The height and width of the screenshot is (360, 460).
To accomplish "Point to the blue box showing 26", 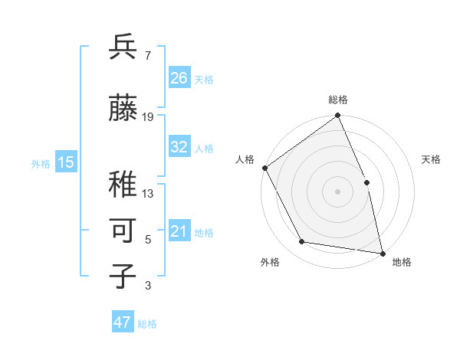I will coord(179,78).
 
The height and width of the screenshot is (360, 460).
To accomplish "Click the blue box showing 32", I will coord(179,148).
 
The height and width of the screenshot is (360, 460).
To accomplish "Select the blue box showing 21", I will coord(179,232).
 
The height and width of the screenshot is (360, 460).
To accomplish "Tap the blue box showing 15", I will coord(66,162).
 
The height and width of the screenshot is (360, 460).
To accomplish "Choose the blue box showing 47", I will coord(123,322).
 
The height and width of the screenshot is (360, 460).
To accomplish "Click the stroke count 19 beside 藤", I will coord(148,117).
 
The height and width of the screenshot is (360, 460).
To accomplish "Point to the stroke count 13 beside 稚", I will coord(148,194).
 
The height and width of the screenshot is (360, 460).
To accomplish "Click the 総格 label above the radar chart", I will coord(338,100).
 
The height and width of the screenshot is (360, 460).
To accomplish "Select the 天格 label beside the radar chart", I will coord(432,159).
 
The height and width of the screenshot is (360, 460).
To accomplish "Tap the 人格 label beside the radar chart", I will coord(245,159).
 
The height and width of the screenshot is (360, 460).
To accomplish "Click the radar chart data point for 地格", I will coord(382,253).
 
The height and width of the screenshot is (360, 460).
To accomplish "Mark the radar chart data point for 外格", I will coord(302,242).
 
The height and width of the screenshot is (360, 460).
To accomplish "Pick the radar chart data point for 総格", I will coord(338,116).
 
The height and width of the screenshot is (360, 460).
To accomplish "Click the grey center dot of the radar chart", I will coord(338,191).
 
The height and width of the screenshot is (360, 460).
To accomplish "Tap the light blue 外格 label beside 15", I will coord(40,163).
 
